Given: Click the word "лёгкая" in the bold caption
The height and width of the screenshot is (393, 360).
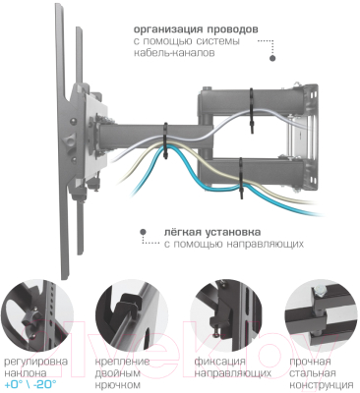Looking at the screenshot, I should pyautogui.click(x=180, y=230).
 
